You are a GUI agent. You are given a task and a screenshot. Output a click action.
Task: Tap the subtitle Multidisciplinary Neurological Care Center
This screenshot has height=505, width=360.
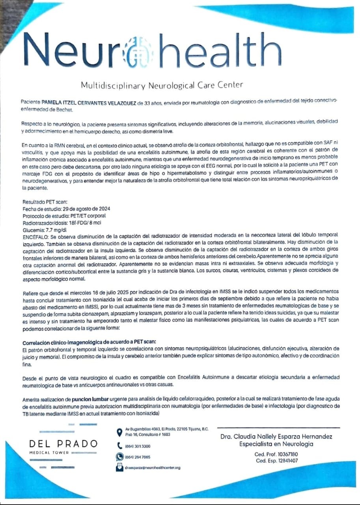[x=162, y=85]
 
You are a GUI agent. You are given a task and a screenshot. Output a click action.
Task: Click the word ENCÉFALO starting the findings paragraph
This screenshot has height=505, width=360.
[x=36, y=237]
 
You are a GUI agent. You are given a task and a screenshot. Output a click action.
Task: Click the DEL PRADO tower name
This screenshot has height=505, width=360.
[x=63, y=444]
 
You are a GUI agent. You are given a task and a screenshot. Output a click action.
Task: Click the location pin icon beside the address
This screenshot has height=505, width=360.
[x=119, y=432]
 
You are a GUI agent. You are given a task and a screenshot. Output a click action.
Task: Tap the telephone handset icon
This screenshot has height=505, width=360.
[x=119, y=446]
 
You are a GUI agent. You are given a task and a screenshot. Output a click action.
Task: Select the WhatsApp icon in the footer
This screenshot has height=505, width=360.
[x=119, y=457]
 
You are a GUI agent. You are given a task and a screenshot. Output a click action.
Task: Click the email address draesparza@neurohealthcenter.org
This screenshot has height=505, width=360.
[x=153, y=468]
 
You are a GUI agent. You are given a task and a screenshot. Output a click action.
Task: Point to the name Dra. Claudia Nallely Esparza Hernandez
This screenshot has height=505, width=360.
[x=276, y=437]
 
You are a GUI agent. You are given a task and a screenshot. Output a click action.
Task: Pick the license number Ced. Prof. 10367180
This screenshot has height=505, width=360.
[x=276, y=454]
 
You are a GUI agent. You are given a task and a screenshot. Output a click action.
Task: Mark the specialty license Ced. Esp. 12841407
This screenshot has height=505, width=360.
[x=276, y=461]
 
